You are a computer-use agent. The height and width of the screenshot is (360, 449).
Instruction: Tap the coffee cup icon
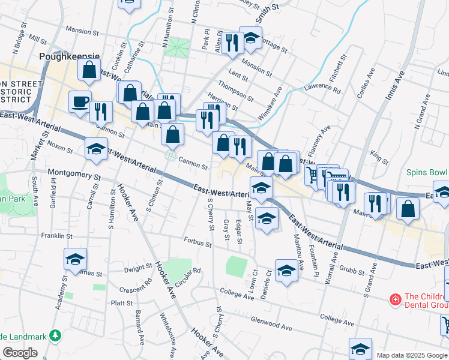(x=80, y=102)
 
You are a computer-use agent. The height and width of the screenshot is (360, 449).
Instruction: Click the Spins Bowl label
(x=426, y=172)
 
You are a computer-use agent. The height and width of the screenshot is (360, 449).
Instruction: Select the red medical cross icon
(x=395, y=299)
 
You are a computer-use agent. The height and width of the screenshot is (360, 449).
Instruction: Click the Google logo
(x=20, y=353)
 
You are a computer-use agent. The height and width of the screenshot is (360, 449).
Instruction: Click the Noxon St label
(x=60, y=145)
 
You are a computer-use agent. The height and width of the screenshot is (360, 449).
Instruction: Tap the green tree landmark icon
(x=55, y=335)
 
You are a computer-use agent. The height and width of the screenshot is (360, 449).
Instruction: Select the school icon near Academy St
(x=75, y=260)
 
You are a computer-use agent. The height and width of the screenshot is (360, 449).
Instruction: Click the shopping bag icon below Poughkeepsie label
(x=89, y=70)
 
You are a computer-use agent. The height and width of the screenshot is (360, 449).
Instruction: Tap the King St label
(x=379, y=158)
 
